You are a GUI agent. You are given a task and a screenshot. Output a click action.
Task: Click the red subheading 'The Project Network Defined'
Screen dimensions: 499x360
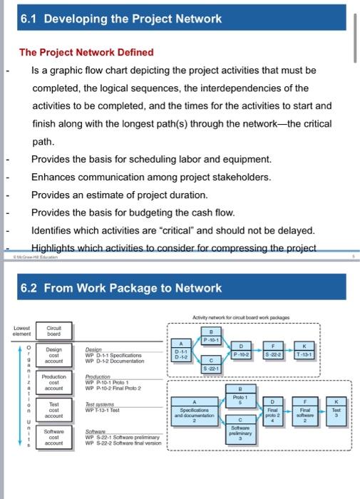(x=86, y=52)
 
